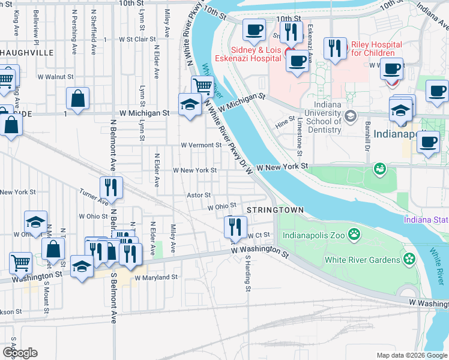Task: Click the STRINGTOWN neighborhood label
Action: tap(274, 209)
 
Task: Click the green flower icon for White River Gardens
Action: tap(410, 259)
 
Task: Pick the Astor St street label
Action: tap(199, 195)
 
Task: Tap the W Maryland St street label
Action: tap(156, 278)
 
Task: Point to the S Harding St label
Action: tap(247, 273)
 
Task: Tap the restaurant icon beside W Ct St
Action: tap(234, 226)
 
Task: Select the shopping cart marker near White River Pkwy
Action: tap(202, 86)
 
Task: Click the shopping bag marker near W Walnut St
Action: tap(77, 99)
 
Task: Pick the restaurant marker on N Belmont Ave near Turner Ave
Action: tap(111, 187)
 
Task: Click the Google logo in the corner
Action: tap(20, 353)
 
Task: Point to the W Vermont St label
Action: tap(201, 145)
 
